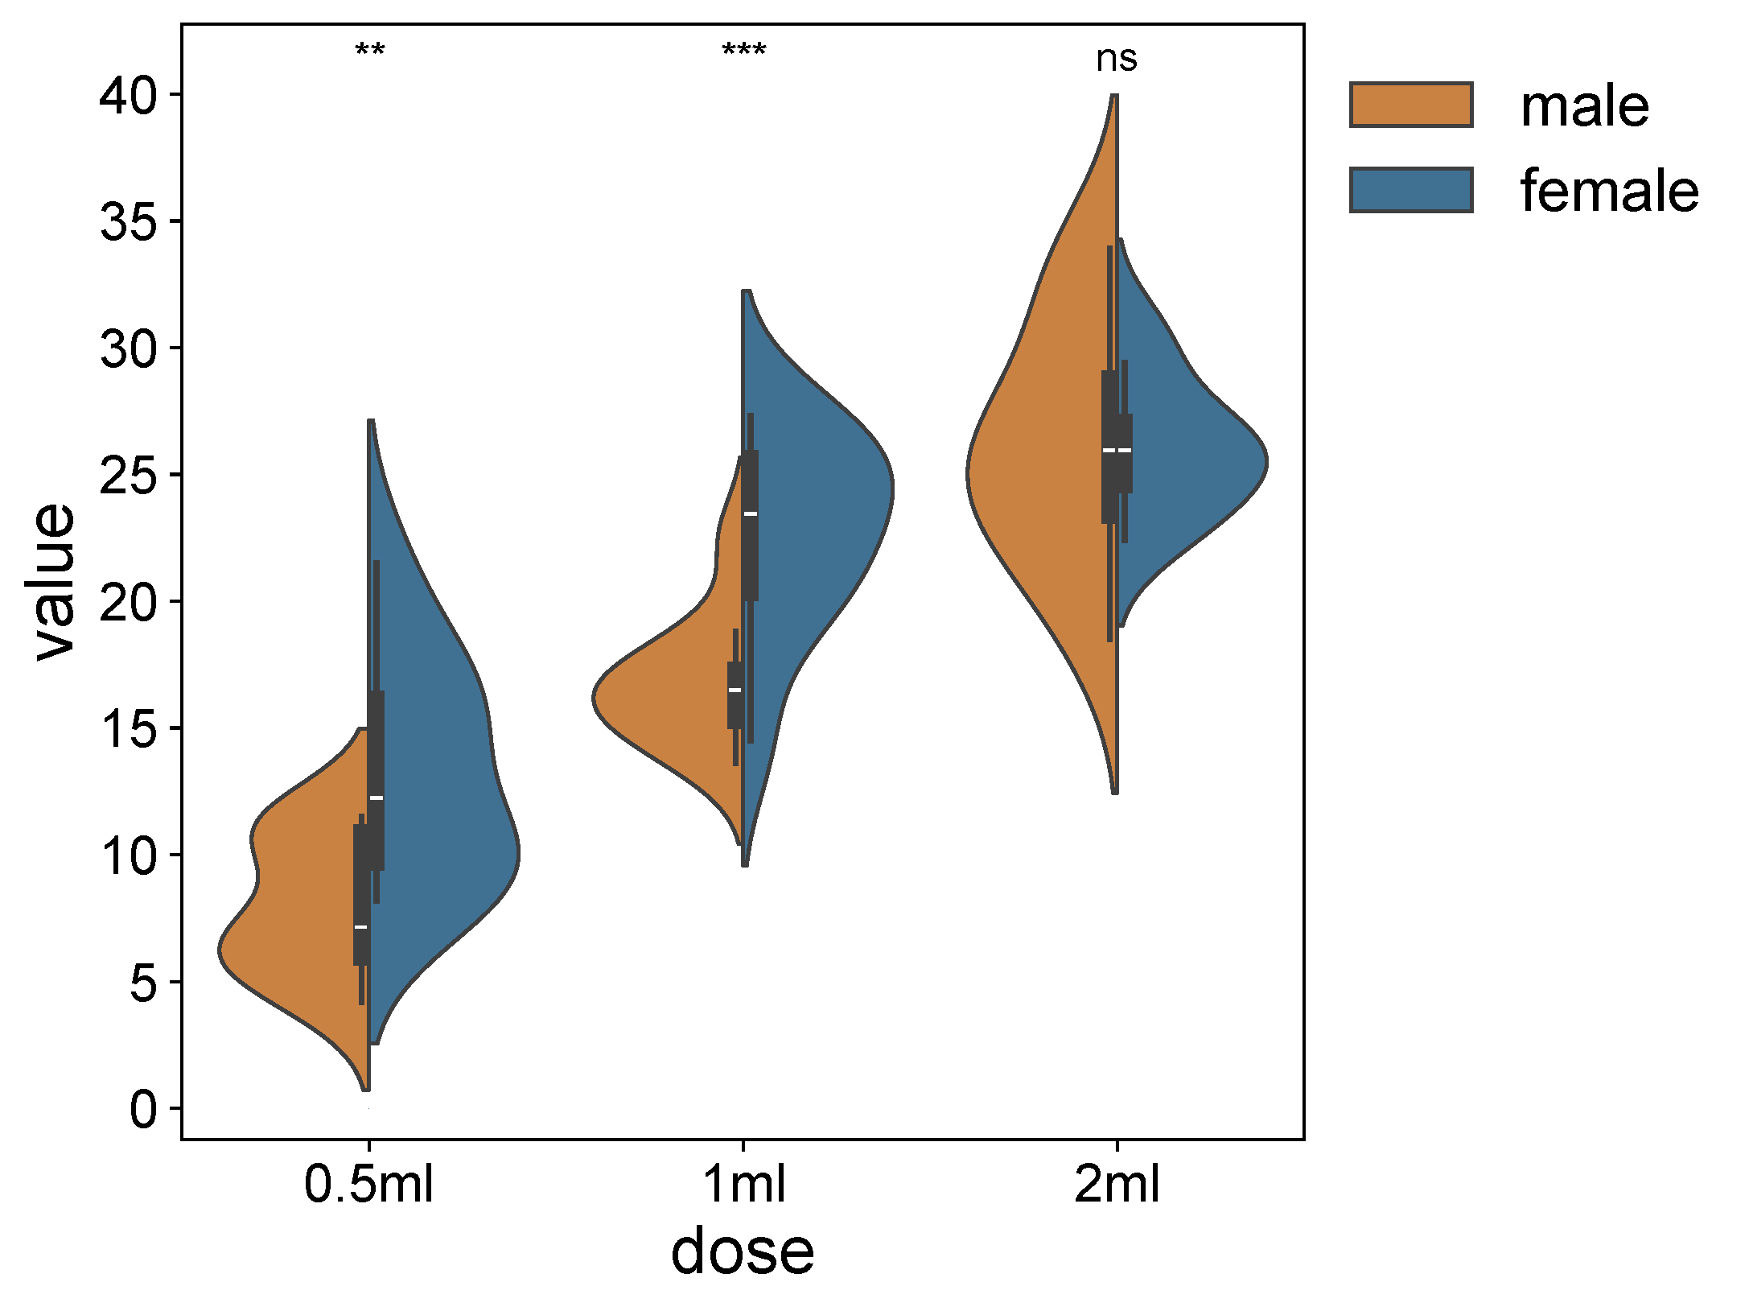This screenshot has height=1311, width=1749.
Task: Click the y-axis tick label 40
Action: point(129,96)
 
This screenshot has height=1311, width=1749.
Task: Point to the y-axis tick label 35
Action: point(129,222)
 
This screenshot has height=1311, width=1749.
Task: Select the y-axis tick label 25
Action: point(129,476)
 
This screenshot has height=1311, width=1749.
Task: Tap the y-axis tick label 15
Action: point(129,729)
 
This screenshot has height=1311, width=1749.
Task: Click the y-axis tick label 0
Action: point(145,1110)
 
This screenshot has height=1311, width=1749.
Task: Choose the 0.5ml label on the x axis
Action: point(368,1185)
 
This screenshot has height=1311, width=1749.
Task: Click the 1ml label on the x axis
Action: point(743,1185)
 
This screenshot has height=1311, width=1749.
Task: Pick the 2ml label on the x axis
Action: point(1117,1185)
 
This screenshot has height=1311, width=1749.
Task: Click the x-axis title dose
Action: point(742,1252)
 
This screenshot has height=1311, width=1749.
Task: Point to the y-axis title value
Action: point(55,581)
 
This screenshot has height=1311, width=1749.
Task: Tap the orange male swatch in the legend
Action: point(1411,105)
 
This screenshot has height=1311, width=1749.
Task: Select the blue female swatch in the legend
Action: point(1411,191)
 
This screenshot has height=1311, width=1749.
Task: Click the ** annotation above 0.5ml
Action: point(370,52)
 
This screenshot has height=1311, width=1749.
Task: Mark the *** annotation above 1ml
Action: point(744,52)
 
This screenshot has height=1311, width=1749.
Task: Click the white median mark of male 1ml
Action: point(735,690)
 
